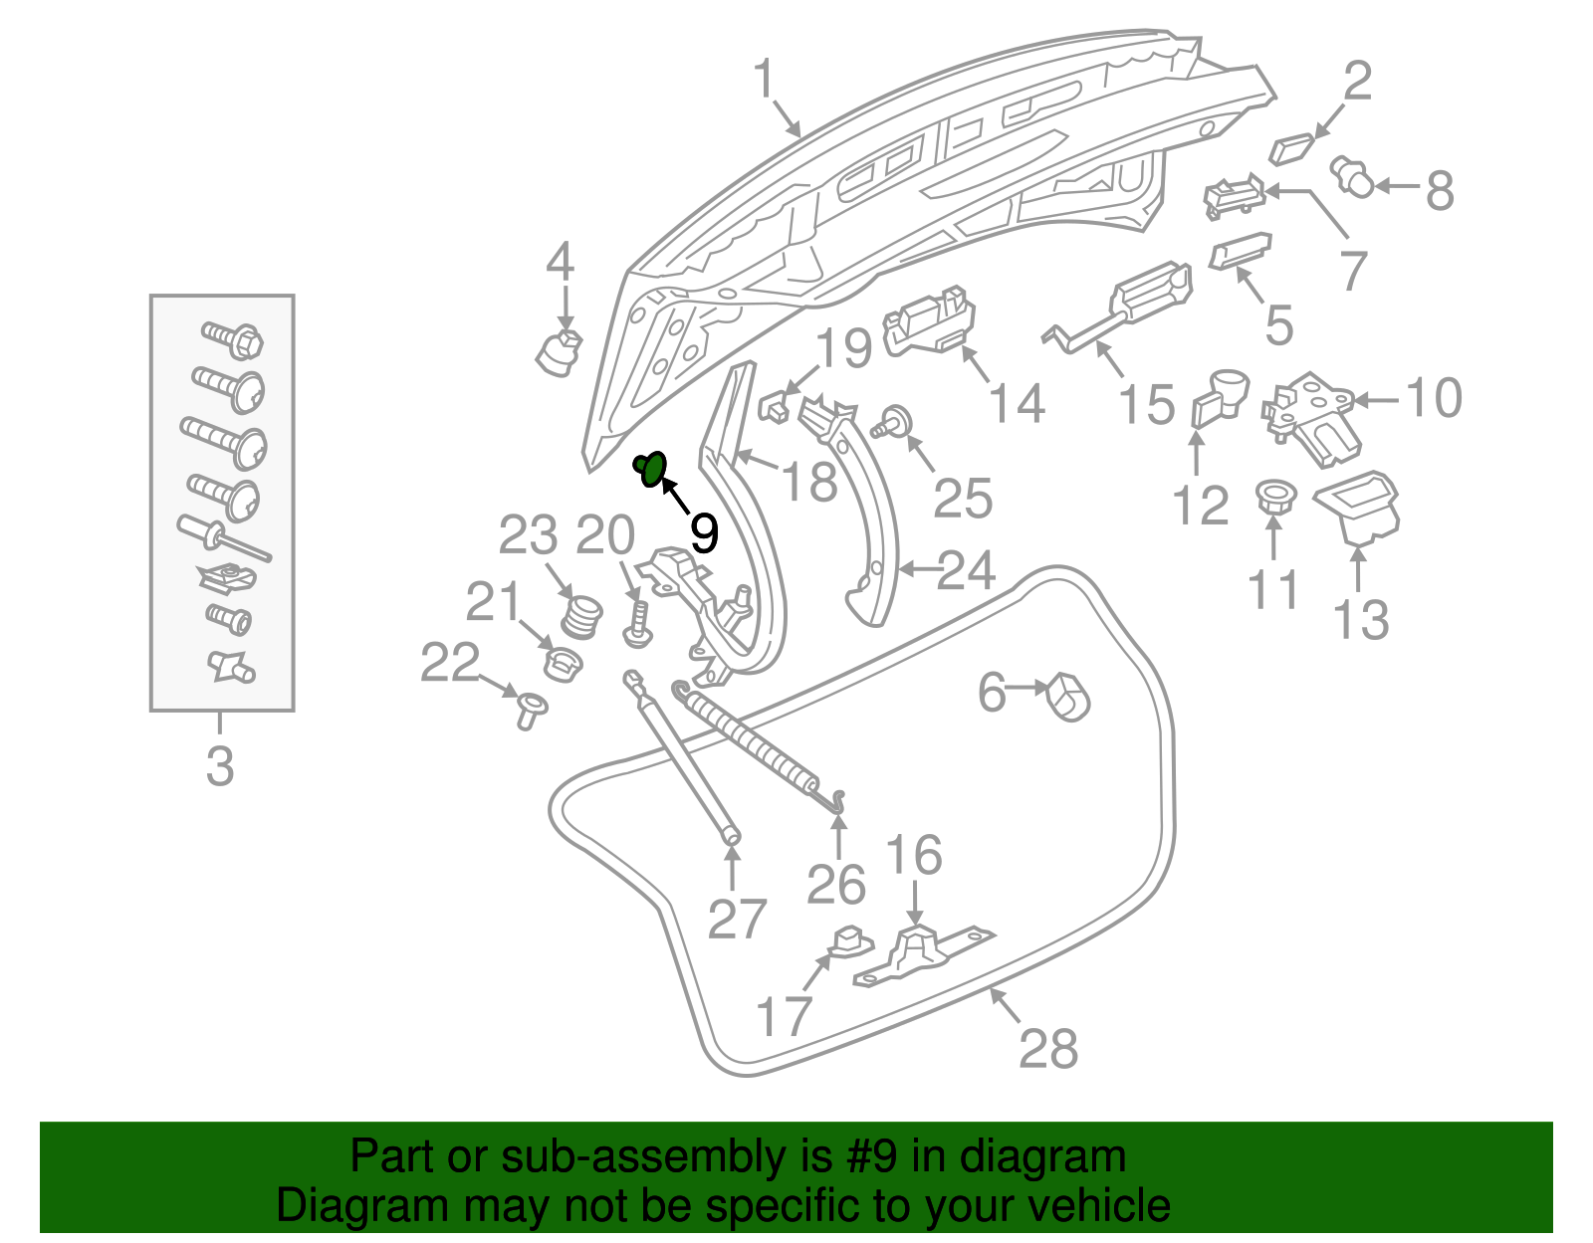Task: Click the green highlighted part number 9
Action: (x=651, y=467)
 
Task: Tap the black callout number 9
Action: (x=703, y=534)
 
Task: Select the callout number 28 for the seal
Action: (x=1047, y=1048)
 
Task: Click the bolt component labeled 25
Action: (x=894, y=421)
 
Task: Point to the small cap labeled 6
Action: (x=1067, y=696)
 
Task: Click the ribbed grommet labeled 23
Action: (x=582, y=617)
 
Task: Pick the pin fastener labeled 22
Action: (x=530, y=710)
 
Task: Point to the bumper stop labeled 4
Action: (x=560, y=352)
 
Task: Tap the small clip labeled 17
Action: (x=846, y=939)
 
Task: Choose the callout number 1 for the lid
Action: (x=763, y=79)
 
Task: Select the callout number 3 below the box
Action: (x=220, y=765)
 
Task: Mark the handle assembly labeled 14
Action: (x=929, y=320)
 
